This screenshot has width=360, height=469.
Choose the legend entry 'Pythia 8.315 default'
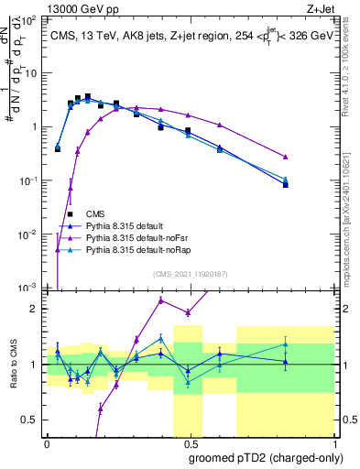(x=134, y=225)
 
